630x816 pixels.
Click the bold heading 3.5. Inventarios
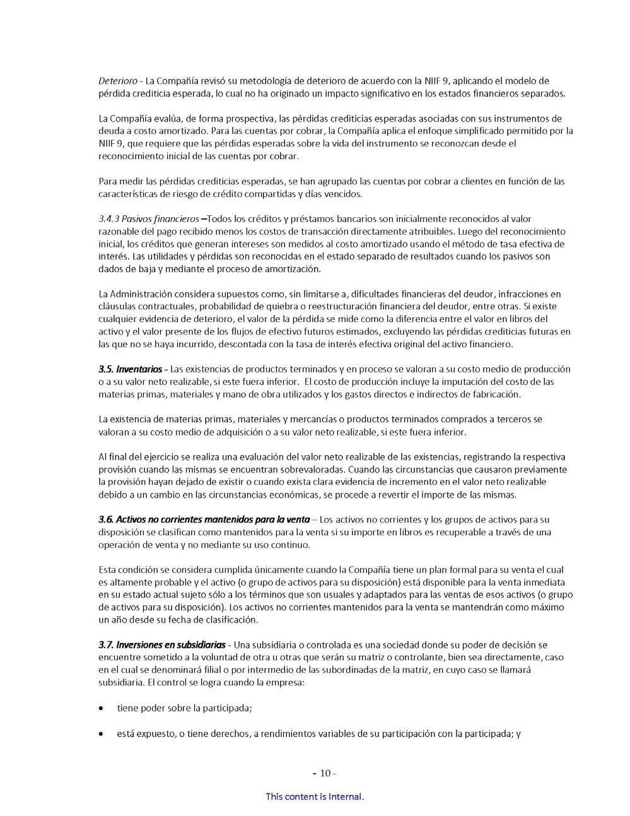click(x=130, y=369)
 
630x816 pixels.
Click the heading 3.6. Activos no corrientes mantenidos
click(x=204, y=519)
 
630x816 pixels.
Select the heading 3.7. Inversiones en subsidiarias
click(x=161, y=645)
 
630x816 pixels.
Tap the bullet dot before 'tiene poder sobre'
click(x=102, y=709)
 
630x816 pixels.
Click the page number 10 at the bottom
click(x=325, y=774)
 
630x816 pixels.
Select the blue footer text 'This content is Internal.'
click(x=315, y=797)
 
